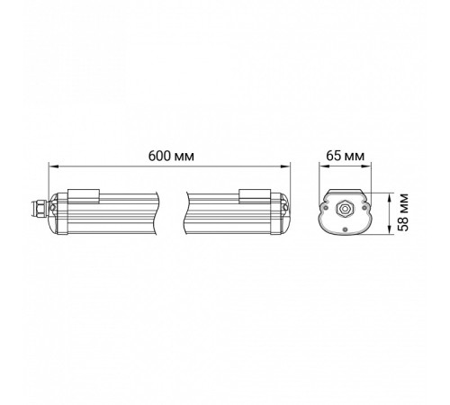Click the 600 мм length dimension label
[171, 155]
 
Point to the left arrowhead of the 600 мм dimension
[51, 166]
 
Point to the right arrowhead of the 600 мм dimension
[289, 166]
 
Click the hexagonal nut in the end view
[344, 209]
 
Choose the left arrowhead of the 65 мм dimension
[321, 166]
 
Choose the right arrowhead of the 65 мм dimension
[367, 166]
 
